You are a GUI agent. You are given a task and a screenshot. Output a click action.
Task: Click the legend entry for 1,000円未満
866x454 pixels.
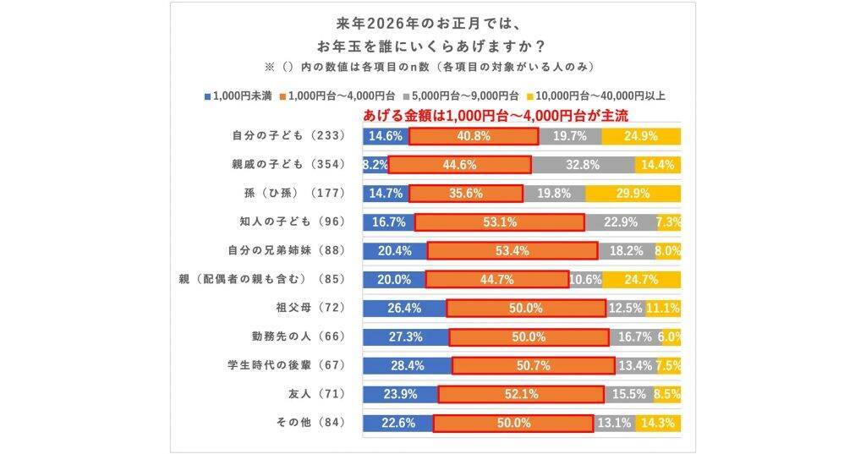tap(238, 96)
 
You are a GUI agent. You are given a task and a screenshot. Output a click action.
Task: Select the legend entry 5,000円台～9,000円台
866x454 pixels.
tap(462, 96)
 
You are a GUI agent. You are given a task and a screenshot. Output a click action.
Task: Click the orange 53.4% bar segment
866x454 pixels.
tap(512, 250)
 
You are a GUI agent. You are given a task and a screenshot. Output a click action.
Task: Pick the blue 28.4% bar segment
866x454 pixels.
tap(407, 365)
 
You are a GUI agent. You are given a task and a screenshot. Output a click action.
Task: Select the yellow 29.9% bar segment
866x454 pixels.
tap(633, 193)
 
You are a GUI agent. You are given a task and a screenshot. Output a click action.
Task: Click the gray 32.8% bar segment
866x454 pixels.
tap(583, 164)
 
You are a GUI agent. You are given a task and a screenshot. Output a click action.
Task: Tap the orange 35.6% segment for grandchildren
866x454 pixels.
tap(466, 193)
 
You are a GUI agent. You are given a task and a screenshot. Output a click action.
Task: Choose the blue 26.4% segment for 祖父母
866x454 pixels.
tap(404, 308)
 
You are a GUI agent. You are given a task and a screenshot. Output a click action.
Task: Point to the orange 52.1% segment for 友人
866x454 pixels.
tap(521, 394)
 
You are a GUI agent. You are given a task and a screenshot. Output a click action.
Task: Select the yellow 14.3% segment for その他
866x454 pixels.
tap(658, 423)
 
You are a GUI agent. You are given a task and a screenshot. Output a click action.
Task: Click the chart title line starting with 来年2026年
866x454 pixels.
tap(433, 19)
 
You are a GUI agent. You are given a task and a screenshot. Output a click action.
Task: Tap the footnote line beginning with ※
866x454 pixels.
tap(433, 66)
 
